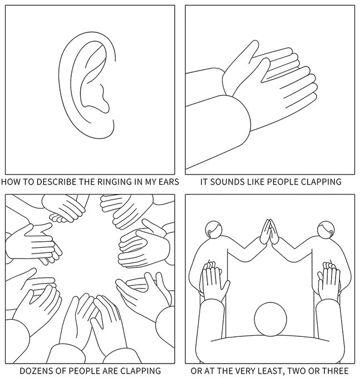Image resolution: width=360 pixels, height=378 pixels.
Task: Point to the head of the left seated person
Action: click(x=214, y=229)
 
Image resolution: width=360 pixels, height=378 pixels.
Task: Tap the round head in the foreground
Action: click(x=270, y=319)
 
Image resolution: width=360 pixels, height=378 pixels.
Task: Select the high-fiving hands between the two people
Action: click(x=269, y=231)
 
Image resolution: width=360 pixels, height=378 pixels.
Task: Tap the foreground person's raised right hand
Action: click(x=329, y=281)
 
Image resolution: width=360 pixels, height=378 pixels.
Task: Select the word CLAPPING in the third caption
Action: click(x=140, y=371)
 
